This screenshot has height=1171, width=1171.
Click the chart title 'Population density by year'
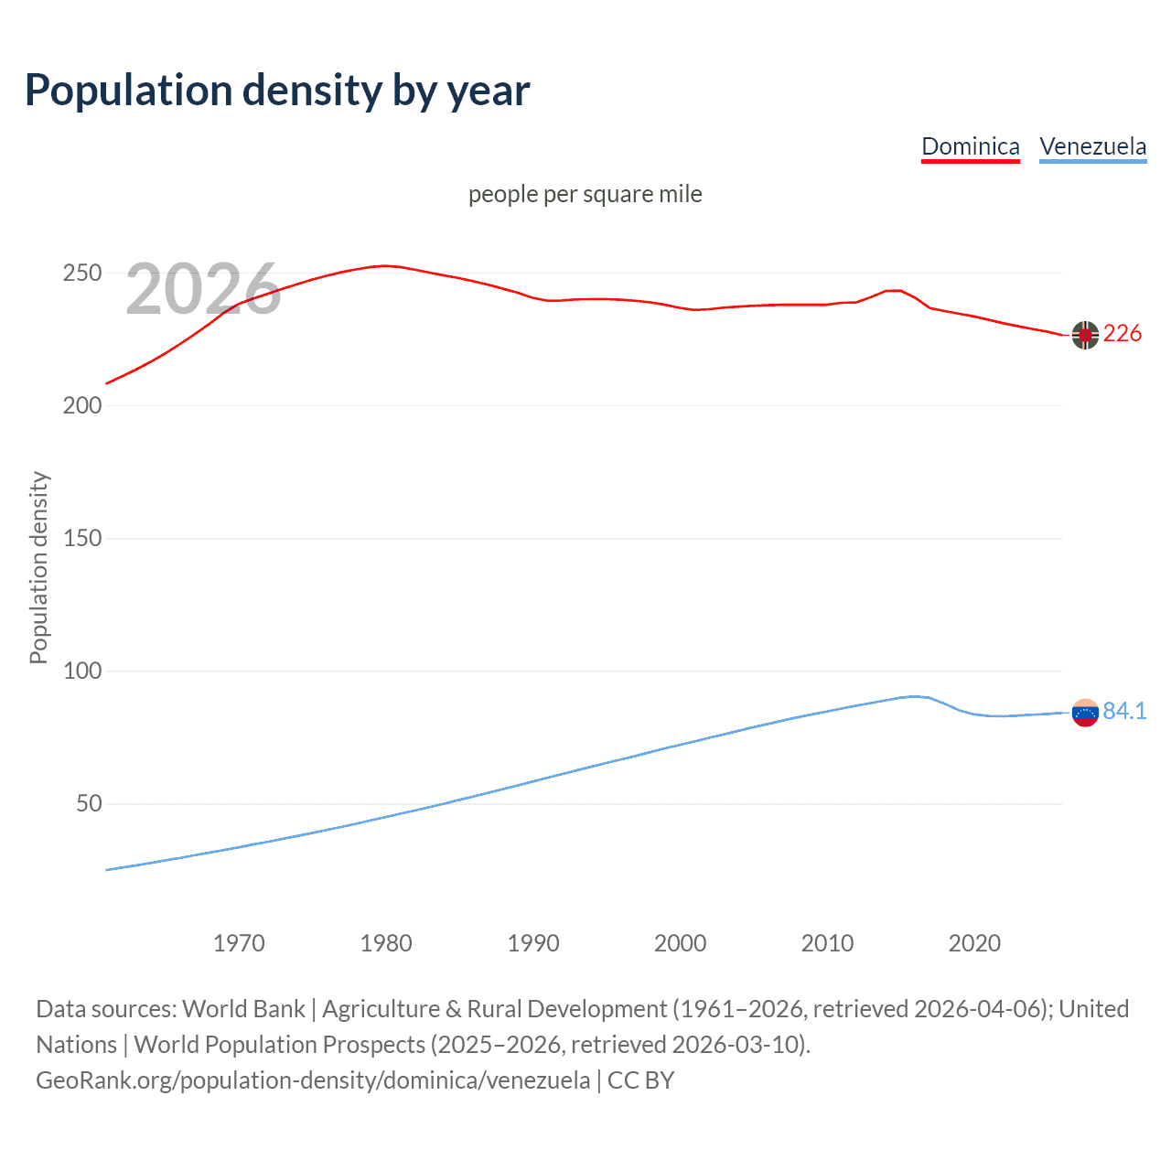pyautogui.click(x=277, y=91)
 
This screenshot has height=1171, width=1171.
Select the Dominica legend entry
pyautogui.click(x=970, y=146)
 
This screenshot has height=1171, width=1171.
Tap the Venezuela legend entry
pyautogui.click(x=1092, y=146)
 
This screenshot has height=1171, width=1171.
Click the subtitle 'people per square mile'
pyautogui.click(x=585, y=194)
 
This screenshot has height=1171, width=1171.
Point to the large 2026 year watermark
pyautogui.click(x=203, y=289)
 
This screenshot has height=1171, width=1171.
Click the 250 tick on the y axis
pyautogui.click(x=81, y=274)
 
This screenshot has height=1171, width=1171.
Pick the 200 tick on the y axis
pyautogui.click(x=81, y=405)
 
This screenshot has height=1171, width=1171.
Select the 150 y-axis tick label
pyautogui.click(x=81, y=538)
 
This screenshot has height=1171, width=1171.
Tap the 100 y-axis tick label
pyautogui.click(x=81, y=671)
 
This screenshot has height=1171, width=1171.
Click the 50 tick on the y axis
pyautogui.click(x=89, y=803)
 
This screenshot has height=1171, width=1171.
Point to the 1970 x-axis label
pyautogui.click(x=239, y=943)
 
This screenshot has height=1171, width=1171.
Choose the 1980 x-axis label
pyautogui.click(x=386, y=943)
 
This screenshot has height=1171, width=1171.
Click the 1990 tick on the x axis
pyautogui.click(x=533, y=943)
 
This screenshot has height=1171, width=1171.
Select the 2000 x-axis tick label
pyautogui.click(x=681, y=943)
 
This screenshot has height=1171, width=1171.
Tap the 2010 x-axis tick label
pyautogui.click(x=828, y=943)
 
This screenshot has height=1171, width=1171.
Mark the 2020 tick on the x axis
pyautogui.click(x=974, y=943)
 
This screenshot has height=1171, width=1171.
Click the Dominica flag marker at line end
pyautogui.click(x=1085, y=336)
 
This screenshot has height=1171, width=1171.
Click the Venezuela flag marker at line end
pyautogui.click(x=1085, y=713)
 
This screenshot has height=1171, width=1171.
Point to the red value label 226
pyautogui.click(x=1123, y=334)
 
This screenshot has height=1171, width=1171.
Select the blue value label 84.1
pyautogui.click(x=1124, y=711)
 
